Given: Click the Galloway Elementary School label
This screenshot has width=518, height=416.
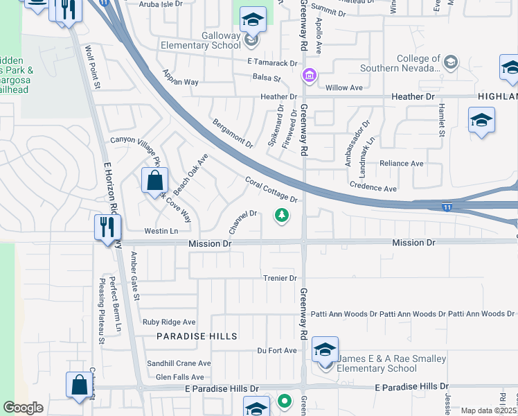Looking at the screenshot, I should pos(212,41).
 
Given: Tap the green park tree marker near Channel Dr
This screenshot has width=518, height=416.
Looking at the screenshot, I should pos(282,216).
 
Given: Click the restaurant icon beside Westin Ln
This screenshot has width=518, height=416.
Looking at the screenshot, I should pos(107,227).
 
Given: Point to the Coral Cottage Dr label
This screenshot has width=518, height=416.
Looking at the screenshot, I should pos(271,189).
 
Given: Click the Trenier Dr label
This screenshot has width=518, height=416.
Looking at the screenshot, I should pos(280,278).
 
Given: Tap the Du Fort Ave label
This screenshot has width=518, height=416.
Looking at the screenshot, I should pos(277,351).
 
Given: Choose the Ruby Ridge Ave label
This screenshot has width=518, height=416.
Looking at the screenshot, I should pos(169,322).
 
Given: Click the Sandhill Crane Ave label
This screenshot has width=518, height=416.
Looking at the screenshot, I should pos(179,363).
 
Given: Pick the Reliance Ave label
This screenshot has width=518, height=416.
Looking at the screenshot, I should pos(401,164).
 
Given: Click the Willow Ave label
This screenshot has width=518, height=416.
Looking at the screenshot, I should pos(344,88).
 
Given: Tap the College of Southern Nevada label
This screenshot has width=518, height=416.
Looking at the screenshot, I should pos(400,63).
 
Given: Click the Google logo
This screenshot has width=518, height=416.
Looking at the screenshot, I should pos(23,408).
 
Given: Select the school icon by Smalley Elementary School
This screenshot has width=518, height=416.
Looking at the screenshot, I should pos(324,350).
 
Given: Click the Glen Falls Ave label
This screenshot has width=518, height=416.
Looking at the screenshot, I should pos(179,377).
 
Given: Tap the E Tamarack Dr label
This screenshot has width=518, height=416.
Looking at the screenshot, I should pos(266,63).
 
